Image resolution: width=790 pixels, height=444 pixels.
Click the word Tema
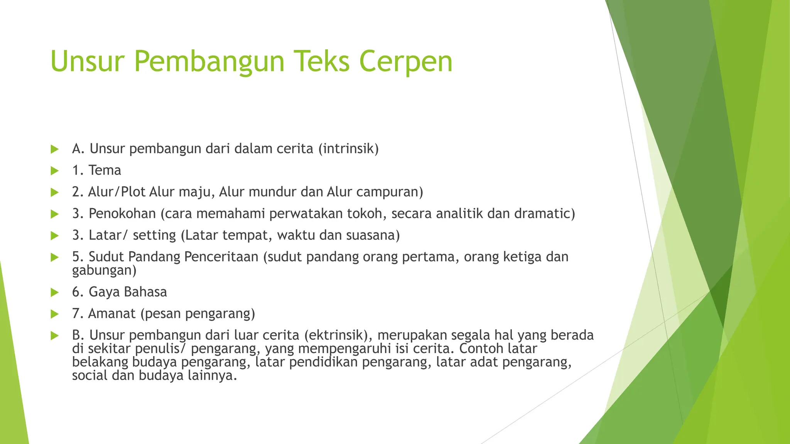pyautogui.click(x=105, y=170)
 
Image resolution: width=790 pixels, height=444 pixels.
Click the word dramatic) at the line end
pyautogui.click(x=544, y=214)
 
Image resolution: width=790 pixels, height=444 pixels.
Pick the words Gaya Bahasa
pyautogui.click(x=128, y=292)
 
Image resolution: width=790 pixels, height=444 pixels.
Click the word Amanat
pyautogui.click(x=112, y=314)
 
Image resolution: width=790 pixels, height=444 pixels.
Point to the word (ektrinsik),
pyautogui.click(x=338, y=335)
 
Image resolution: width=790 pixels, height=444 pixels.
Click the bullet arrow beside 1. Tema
pyautogui.click(x=54, y=170)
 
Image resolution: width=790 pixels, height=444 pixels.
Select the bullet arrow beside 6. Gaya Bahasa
pyautogui.click(x=54, y=293)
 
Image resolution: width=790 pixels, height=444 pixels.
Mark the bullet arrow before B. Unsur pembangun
pyautogui.click(x=54, y=336)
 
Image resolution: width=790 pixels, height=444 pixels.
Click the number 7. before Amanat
pyautogui.click(x=78, y=314)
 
